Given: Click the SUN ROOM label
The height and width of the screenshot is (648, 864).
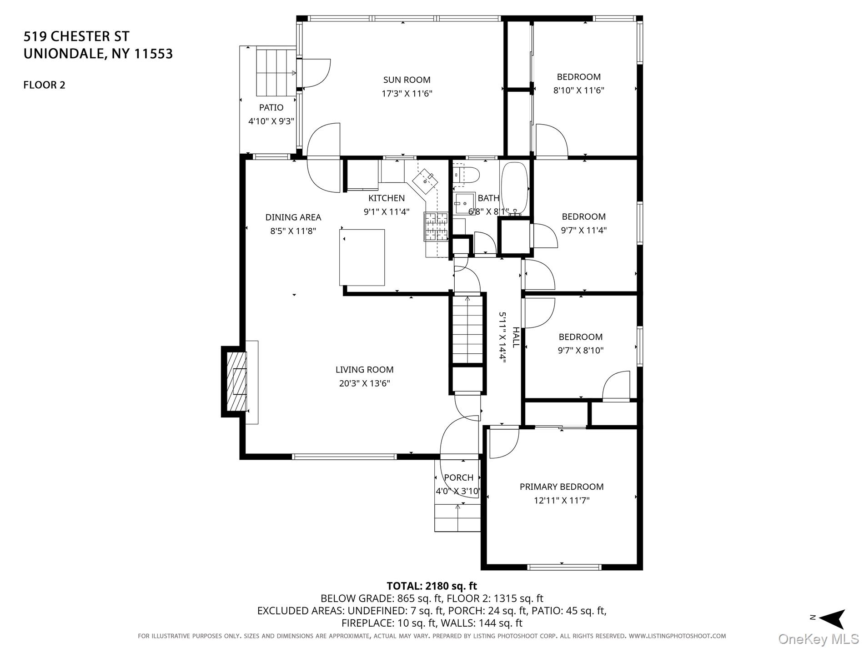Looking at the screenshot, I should coord(407,80).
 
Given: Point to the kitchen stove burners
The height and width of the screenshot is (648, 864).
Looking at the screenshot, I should coord(437,226).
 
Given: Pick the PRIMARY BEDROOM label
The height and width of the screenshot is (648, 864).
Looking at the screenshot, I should coord(562,487).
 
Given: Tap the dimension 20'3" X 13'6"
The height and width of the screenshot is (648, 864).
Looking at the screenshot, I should coord(364,383).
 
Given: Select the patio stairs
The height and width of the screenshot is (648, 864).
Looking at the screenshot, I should coord(272,72).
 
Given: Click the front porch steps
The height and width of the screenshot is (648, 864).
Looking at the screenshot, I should coord(457,518).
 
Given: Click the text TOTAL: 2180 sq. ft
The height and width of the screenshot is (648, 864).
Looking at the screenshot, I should coord(432,586).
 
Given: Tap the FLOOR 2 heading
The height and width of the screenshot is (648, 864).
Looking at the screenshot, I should coord(45,85).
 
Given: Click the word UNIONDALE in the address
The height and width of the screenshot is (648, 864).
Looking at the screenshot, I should coord(64,54).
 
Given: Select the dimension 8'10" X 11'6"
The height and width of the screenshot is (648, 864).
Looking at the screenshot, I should coord(578,90).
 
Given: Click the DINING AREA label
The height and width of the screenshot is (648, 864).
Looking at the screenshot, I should coord(293,217).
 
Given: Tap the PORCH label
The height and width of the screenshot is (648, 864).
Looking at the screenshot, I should coord(458,477).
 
